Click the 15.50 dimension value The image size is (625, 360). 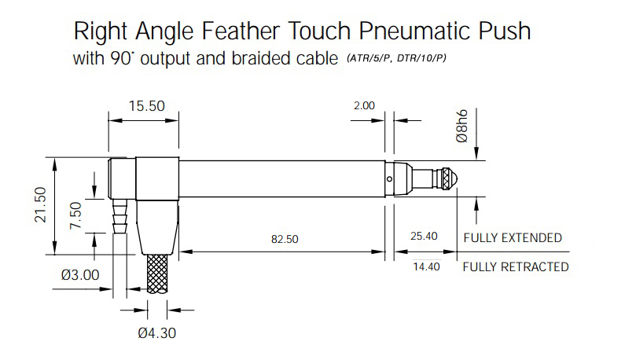click(x=146, y=106)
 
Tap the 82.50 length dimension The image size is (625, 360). click(x=285, y=239)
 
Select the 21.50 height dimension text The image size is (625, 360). click(x=41, y=205)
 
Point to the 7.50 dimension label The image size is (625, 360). click(x=75, y=215)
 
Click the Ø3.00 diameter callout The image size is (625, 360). click(x=80, y=274)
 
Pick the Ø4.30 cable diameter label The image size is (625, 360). click(x=157, y=333)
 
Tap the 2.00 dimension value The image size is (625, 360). click(x=364, y=105)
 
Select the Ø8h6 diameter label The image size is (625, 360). click(x=461, y=126)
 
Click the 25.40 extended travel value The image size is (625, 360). click(x=424, y=236)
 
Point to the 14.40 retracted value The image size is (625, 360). click(x=426, y=266)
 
